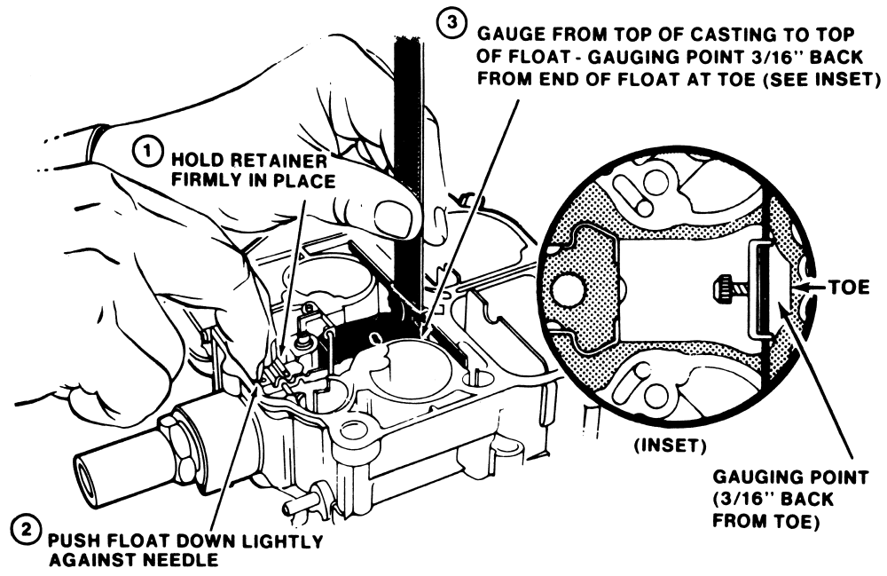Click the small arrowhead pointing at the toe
[803, 287]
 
